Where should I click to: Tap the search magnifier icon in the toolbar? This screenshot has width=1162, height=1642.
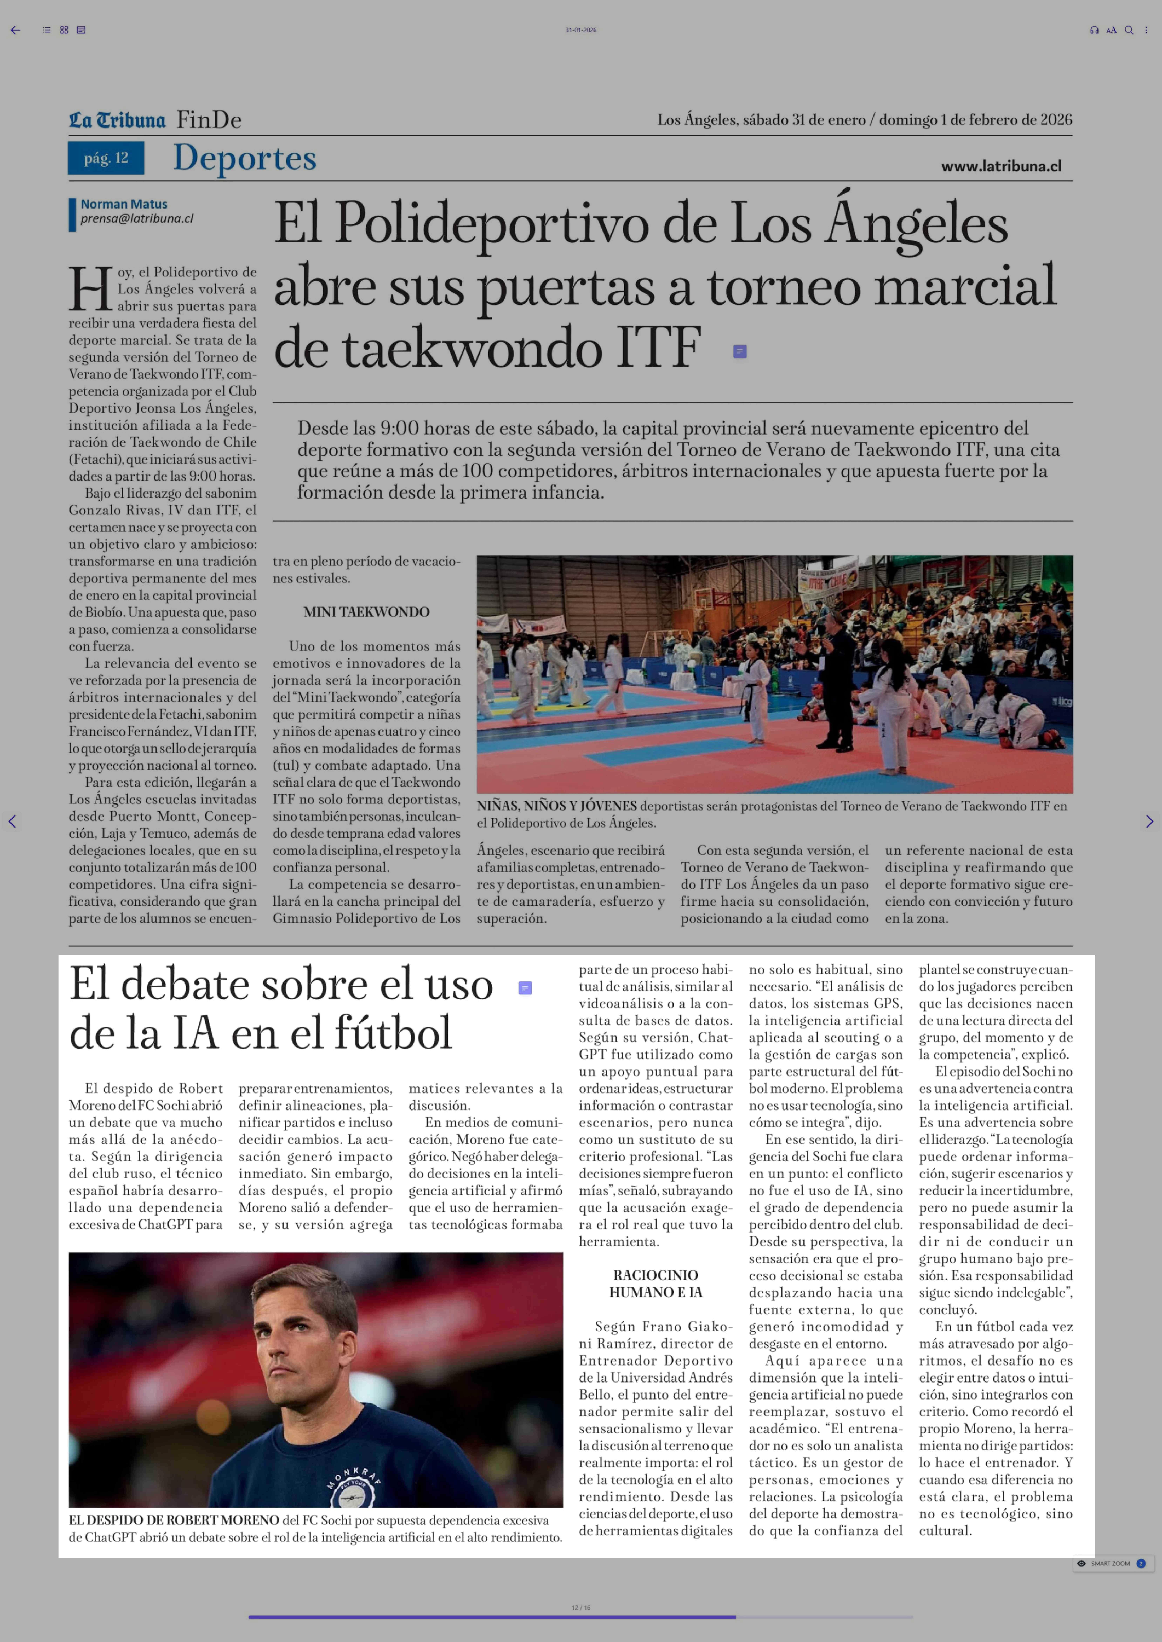(x=1128, y=30)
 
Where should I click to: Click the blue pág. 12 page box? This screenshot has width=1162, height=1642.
(x=106, y=158)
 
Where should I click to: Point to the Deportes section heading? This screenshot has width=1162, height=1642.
(x=245, y=158)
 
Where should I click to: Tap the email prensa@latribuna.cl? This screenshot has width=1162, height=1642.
(x=137, y=219)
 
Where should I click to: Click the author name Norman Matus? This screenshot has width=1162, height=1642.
(x=124, y=204)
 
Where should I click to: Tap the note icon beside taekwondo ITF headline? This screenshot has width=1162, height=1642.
(x=740, y=351)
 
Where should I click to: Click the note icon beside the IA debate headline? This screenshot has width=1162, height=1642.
(x=524, y=988)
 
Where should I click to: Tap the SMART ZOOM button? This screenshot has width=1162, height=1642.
(x=1110, y=1563)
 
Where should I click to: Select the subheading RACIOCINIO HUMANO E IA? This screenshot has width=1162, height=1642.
(x=655, y=1284)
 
